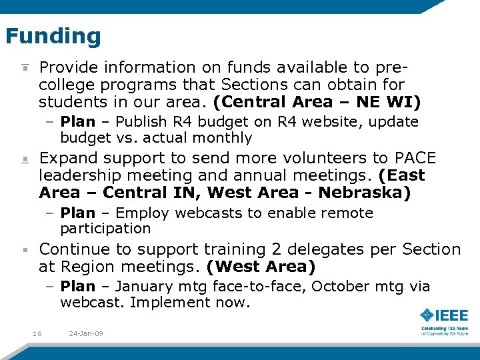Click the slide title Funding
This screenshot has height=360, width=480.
(53, 35)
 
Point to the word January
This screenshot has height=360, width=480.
(145, 287)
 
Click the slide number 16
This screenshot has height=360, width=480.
(37, 333)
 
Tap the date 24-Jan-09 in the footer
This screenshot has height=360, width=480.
(86, 333)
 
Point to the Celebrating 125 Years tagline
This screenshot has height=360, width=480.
(444, 329)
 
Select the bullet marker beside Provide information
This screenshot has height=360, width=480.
(25, 68)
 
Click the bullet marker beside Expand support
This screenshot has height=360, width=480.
(25, 159)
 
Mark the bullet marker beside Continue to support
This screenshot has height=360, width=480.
(25, 250)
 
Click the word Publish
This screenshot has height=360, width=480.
(141, 122)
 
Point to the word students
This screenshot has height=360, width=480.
(72, 102)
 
